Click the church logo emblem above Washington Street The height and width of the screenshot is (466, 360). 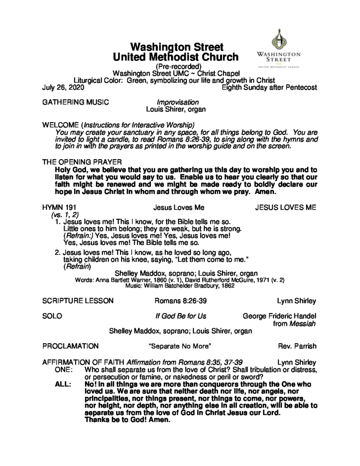pyautogui.click(x=279, y=39)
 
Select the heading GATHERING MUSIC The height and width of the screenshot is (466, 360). pyautogui.click(x=75, y=102)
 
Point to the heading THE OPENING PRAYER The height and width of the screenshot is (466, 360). pyautogui.click(x=81, y=162)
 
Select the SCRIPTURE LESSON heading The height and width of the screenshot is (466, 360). pyautogui.click(x=78, y=301)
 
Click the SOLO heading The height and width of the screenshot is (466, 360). pyautogui.click(x=52, y=316)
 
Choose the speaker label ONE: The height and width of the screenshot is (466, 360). pyautogui.click(x=64, y=369)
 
